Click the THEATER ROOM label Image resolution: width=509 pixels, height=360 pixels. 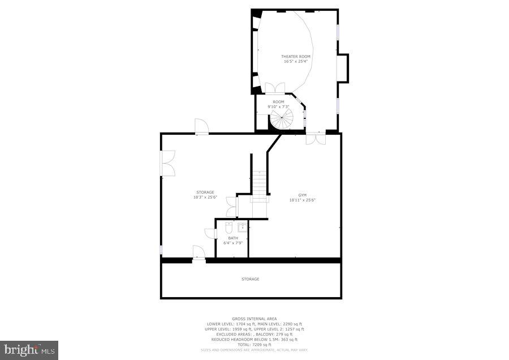(x=296, y=57)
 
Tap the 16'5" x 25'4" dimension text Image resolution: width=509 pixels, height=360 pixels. (x=296, y=61)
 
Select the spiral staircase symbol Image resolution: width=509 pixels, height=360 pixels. (x=281, y=119)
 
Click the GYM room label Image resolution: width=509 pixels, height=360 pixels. (x=302, y=195)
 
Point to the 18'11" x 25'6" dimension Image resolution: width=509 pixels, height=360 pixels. (x=302, y=200)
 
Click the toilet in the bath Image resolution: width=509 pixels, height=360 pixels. (x=229, y=228)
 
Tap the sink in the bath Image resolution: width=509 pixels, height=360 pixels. (x=242, y=228)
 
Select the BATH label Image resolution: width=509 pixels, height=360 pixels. (x=233, y=238)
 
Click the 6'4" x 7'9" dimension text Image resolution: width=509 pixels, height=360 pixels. (x=233, y=243)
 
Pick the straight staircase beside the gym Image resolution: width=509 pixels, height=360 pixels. (x=260, y=184)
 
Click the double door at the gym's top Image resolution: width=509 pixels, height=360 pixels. (x=315, y=138)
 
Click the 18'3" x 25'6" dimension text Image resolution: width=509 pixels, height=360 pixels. (x=205, y=197)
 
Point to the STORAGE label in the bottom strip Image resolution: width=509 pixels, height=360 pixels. (x=251, y=279)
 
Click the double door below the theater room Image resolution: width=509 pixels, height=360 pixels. (x=275, y=88)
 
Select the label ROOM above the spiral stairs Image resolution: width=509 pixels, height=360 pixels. (x=278, y=102)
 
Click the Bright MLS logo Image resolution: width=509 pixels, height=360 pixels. (x=29, y=349)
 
